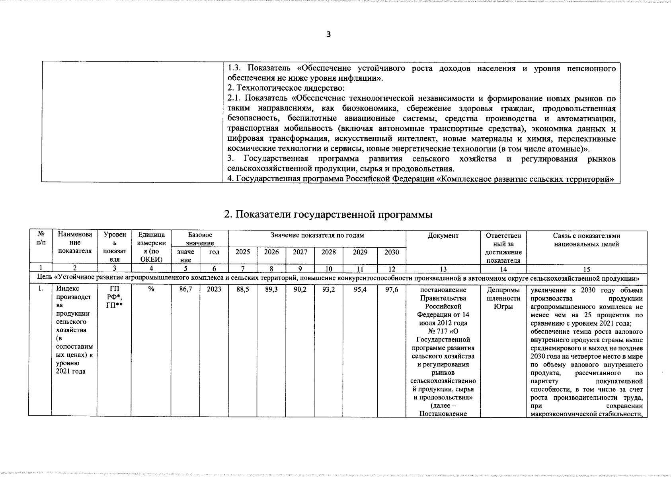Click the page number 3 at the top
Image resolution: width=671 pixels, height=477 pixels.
coord(328,34)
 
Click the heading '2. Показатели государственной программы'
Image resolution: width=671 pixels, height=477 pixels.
coord(328,215)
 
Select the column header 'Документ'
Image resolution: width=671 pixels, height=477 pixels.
coord(443,236)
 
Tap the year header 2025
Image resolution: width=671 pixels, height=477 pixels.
coord(243,252)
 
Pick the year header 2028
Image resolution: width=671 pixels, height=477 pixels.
coord(328,252)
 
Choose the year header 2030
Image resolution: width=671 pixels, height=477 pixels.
coord(392,252)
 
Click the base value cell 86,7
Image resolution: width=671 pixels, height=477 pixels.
coord(185,290)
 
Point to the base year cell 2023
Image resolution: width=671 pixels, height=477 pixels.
coord(214,290)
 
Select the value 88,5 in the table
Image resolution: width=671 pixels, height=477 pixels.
coord(243,290)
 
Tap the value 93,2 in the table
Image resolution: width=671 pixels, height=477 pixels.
coord(328,290)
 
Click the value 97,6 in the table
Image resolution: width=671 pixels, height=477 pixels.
coord(392,290)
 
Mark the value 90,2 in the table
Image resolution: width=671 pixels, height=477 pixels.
coord(300,290)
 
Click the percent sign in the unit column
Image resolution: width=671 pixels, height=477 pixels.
coord(151,290)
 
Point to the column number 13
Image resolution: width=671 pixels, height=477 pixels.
coord(443,269)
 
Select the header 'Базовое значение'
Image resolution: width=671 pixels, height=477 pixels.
coord(200,239)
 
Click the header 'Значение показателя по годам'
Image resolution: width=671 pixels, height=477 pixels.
coord(317,236)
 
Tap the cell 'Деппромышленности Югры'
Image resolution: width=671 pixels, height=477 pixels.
coord(503,298)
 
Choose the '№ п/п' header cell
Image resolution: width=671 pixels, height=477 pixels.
coord(40,239)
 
